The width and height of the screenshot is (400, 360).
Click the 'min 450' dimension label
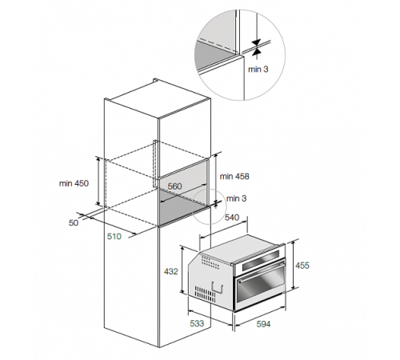pyautogui.click(x=74, y=183)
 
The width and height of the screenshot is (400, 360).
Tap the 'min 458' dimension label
pyautogui.click(x=234, y=176)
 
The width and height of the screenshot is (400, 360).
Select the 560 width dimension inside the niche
pyautogui.click(x=174, y=186)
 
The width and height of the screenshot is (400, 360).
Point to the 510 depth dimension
pyautogui.click(x=114, y=236)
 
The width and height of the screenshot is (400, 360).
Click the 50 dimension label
pyautogui.click(x=74, y=222)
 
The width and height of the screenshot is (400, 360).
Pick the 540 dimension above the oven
pyautogui.click(x=232, y=218)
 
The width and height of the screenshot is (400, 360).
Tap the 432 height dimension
pyautogui.click(x=171, y=271)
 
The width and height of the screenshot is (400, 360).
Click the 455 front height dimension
pyautogui.click(x=302, y=266)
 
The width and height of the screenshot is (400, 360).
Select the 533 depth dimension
pyautogui.click(x=197, y=323)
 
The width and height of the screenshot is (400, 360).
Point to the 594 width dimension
pyautogui.click(x=263, y=324)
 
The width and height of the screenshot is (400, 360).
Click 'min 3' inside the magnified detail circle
pyautogui.click(x=258, y=70)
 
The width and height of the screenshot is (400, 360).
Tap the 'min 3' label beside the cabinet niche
pyautogui.click(x=236, y=198)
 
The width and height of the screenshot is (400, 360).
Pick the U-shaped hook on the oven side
pyautogui.click(x=218, y=288)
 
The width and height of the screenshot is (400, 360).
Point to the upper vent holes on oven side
pyautogui.click(x=210, y=262)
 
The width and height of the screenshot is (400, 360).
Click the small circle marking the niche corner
pyautogui.click(x=210, y=206)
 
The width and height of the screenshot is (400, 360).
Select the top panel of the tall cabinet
pyautogui.click(x=158, y=99)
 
